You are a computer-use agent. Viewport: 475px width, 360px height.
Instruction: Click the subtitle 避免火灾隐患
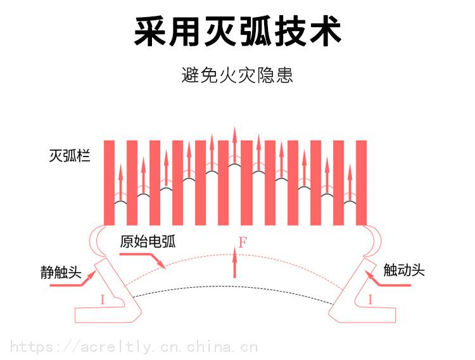point(237,75)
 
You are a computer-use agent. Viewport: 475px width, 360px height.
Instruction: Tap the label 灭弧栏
point(70,155)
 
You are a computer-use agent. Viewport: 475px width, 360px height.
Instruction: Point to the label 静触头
point(60,273)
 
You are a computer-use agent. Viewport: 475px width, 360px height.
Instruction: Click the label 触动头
point(403,271)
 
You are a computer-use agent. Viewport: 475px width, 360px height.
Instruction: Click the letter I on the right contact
point(370,300)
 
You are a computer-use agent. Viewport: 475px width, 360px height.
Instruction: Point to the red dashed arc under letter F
point(190,259)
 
